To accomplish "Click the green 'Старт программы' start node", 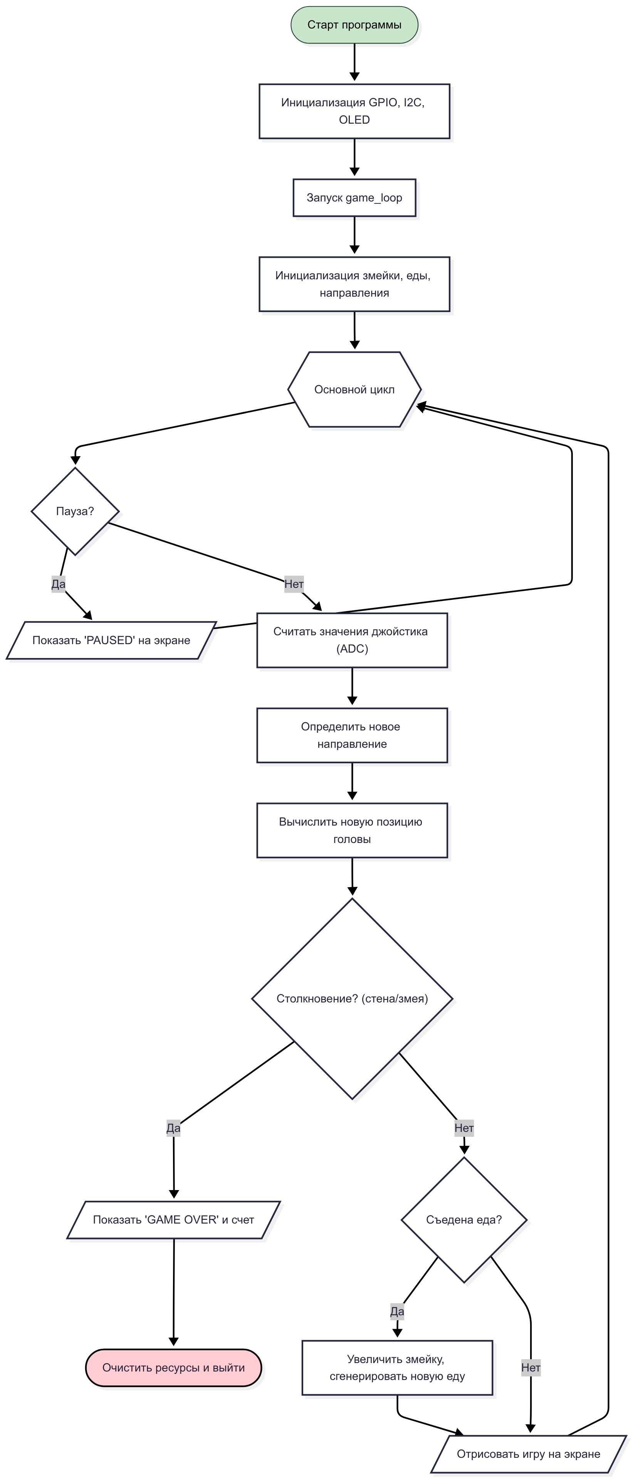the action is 354,25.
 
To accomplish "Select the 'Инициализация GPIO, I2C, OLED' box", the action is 354,111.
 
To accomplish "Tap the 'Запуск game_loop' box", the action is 354,198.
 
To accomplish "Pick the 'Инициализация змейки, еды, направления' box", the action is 354,284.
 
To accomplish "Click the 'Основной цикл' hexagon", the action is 354,389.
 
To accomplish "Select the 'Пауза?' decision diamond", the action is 75,511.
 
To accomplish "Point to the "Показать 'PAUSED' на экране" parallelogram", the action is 111,640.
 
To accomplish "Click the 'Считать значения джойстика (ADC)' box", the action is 352,640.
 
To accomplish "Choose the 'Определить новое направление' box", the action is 352,735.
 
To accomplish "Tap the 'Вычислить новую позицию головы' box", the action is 352,830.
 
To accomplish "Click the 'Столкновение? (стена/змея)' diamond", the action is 352,999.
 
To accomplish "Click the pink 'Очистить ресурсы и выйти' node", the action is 173,1368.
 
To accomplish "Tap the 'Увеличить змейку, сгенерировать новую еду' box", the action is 398,1368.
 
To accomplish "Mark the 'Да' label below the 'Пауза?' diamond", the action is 59,584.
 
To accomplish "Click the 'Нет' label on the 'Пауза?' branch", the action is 294,584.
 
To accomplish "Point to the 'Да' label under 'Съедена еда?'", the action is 397,1311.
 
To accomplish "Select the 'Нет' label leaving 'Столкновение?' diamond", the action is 464,1128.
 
